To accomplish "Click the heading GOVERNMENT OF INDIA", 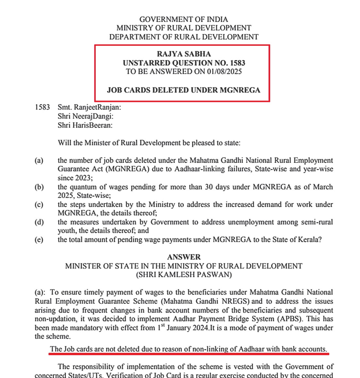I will coord(184,19).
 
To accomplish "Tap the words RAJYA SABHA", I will coord(184,54).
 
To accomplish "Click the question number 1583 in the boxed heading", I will coord(237,63).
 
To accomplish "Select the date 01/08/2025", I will coord(224,72).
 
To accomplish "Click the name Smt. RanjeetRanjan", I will coord(89,107).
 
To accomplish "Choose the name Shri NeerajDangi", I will coord(86,116).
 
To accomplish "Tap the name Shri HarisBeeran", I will coord(85,125).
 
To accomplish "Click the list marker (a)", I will coord(39,161).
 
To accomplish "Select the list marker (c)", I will coord(39,205).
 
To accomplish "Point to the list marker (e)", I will coord(39,240).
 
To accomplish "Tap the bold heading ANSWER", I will coord(184,257).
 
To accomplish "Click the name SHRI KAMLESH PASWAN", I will coord(184,275).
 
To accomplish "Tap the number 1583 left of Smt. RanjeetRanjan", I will coord(42,107).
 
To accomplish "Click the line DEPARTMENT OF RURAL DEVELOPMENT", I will coord(184,37).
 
